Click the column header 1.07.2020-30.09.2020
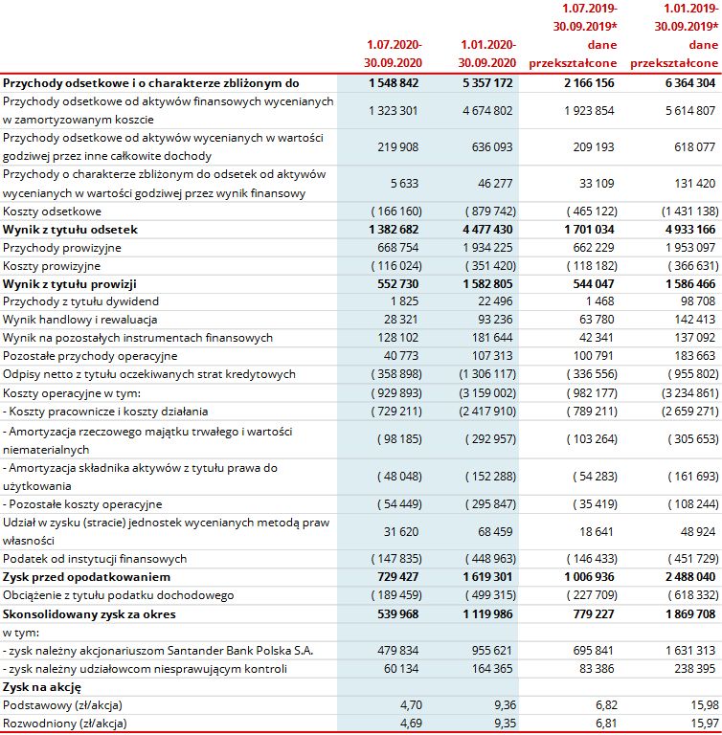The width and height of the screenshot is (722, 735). coord(394,54)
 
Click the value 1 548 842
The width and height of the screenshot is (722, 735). coord(394,83)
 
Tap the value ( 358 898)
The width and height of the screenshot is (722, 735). coord(394,374)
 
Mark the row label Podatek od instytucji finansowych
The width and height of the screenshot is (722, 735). coord(94,558)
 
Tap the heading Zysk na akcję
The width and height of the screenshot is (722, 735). coord(41,687)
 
